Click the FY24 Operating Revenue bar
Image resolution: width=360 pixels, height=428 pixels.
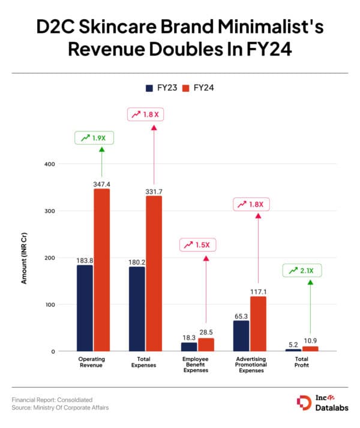pyautogui.click(x=101, y=270)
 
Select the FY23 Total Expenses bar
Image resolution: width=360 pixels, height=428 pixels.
pyautogui.click(x=137, y=309)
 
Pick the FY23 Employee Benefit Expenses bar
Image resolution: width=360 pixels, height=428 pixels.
pyautogui.click(x=189, y=346)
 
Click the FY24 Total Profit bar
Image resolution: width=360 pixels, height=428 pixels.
pyautogui.click(x=310, y=349)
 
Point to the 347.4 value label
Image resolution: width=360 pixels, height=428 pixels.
pyautogui.click(x=101, y=184)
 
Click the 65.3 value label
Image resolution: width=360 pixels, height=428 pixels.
pyautogui.click(x=241, y=315)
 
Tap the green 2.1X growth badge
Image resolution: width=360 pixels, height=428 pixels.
pyautogui.click(x=302, y=271)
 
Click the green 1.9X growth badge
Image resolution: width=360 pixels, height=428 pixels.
pyautogui.click(x=94, y=137)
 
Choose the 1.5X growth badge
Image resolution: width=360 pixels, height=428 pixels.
pyautogui.click(x=199, y=245)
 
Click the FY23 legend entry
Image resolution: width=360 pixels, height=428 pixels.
pyautogui.click(x=160, y=88)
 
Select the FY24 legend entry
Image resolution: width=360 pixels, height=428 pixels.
pyautogui.click(x=198, y=88)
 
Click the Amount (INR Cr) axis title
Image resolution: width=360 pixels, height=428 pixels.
pyautogui.click(x=24, y=258)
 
